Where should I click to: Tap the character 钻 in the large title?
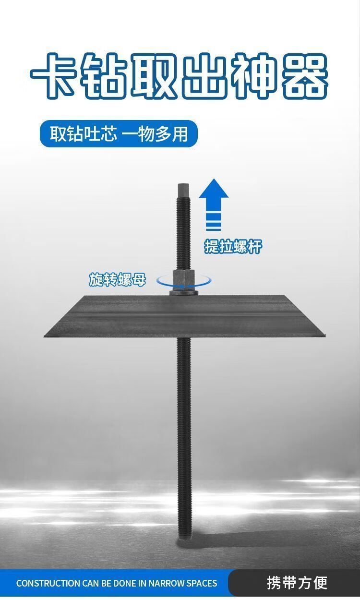click(103, 75)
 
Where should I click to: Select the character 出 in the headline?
click(204, 75)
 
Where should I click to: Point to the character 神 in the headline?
click(254, 75)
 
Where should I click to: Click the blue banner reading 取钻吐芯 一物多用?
click(119, 133)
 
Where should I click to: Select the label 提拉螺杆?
click(233, 246)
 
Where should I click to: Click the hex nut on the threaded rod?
click(184, 278)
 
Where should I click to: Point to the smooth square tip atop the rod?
click(184, 190)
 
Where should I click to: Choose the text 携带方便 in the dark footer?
click(297, 583)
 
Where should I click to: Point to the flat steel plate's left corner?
click(45, 336)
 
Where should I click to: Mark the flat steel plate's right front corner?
click(324, 335)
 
